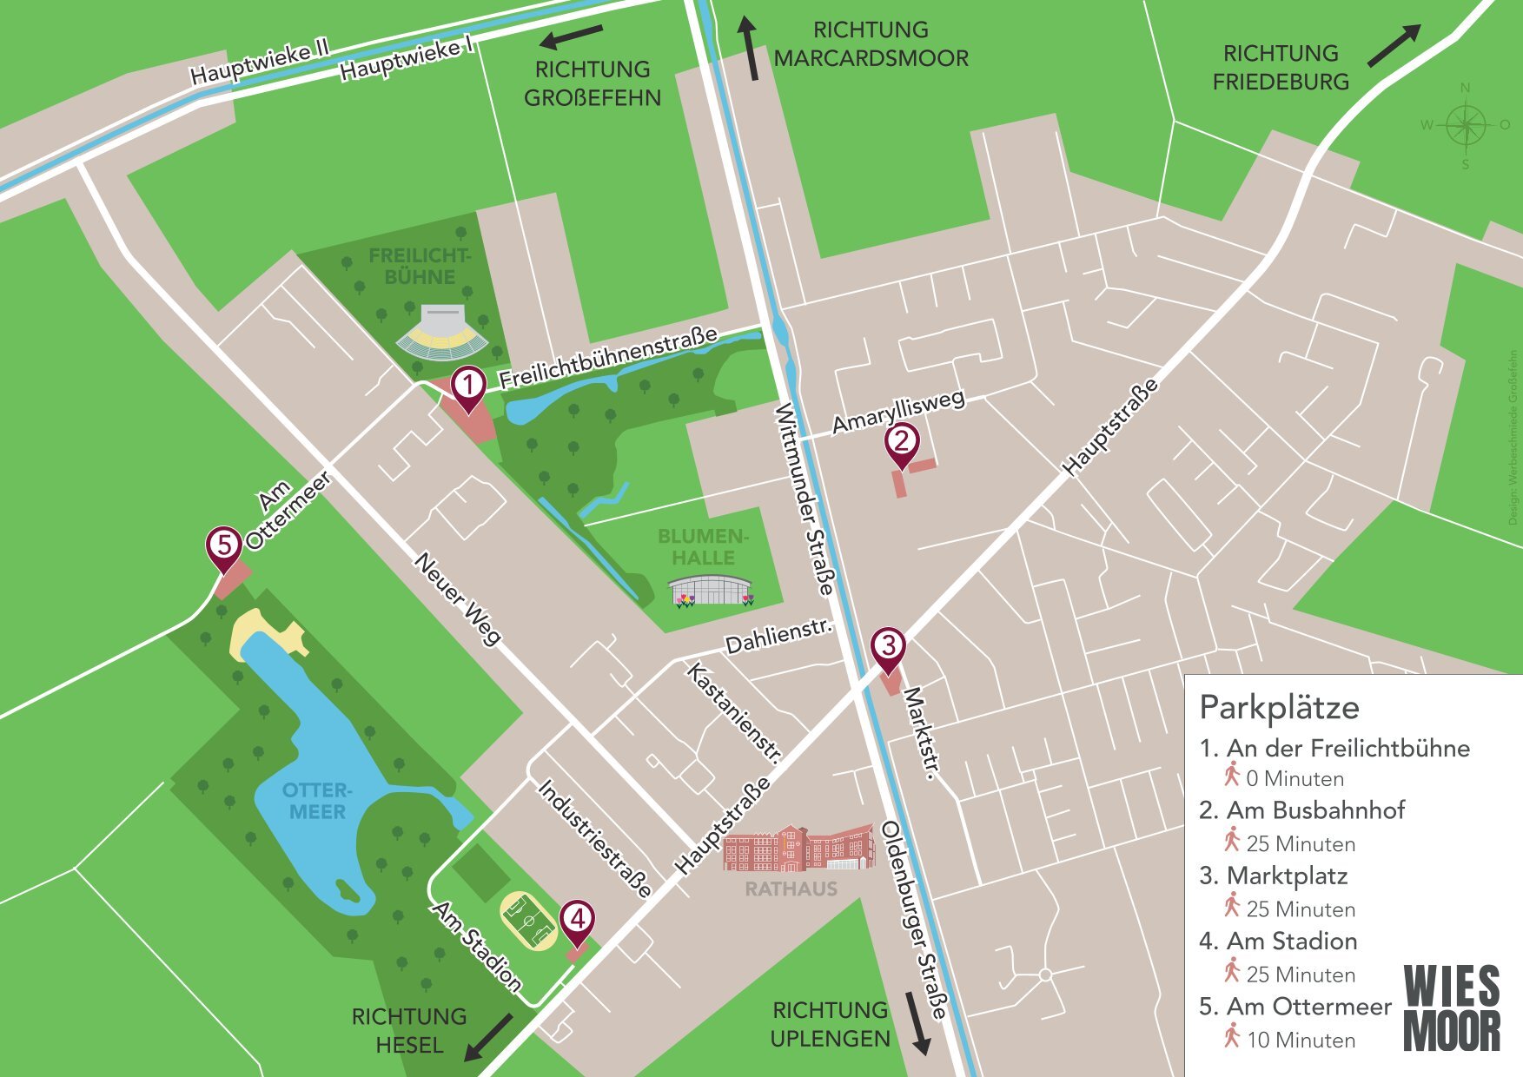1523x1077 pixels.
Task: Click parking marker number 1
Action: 468,386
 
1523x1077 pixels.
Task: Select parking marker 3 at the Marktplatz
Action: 888,647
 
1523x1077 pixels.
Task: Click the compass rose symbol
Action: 1466,125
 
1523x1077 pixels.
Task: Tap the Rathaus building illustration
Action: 798,848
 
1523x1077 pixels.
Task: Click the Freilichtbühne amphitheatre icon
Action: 441,332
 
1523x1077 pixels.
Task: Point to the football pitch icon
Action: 528,922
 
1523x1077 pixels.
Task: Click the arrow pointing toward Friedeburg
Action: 1394,45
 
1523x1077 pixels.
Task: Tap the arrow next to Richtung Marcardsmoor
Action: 749,49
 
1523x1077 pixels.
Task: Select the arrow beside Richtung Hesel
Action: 488,1037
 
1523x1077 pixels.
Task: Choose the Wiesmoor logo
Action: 1452,1008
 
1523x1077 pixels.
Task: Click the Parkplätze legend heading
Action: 1278,708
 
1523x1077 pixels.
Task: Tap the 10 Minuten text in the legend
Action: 1301,1040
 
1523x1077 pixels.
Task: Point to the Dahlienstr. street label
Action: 778,638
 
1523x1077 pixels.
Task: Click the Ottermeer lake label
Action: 317,801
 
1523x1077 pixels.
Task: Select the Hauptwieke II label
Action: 259,63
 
